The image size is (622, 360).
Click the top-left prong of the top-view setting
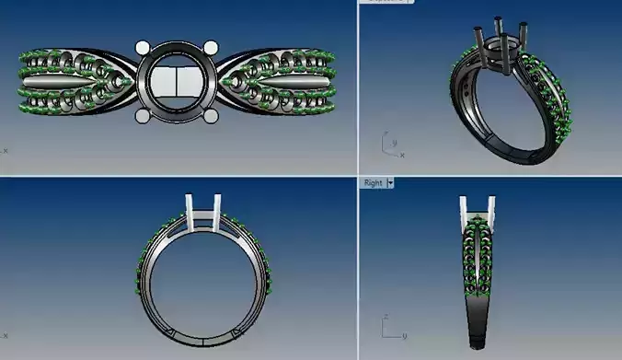[x=143, y=47]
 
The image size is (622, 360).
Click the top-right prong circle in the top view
[x=211, y=48]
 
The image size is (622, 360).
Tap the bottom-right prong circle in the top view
[x=211, y=116]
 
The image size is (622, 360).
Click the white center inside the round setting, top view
[x=177, y=83]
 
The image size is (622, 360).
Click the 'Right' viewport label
[x=373, y=183]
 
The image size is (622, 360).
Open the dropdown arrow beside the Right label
[x=390, y=183]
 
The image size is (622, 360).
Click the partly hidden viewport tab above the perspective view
[x=387, y=2]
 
